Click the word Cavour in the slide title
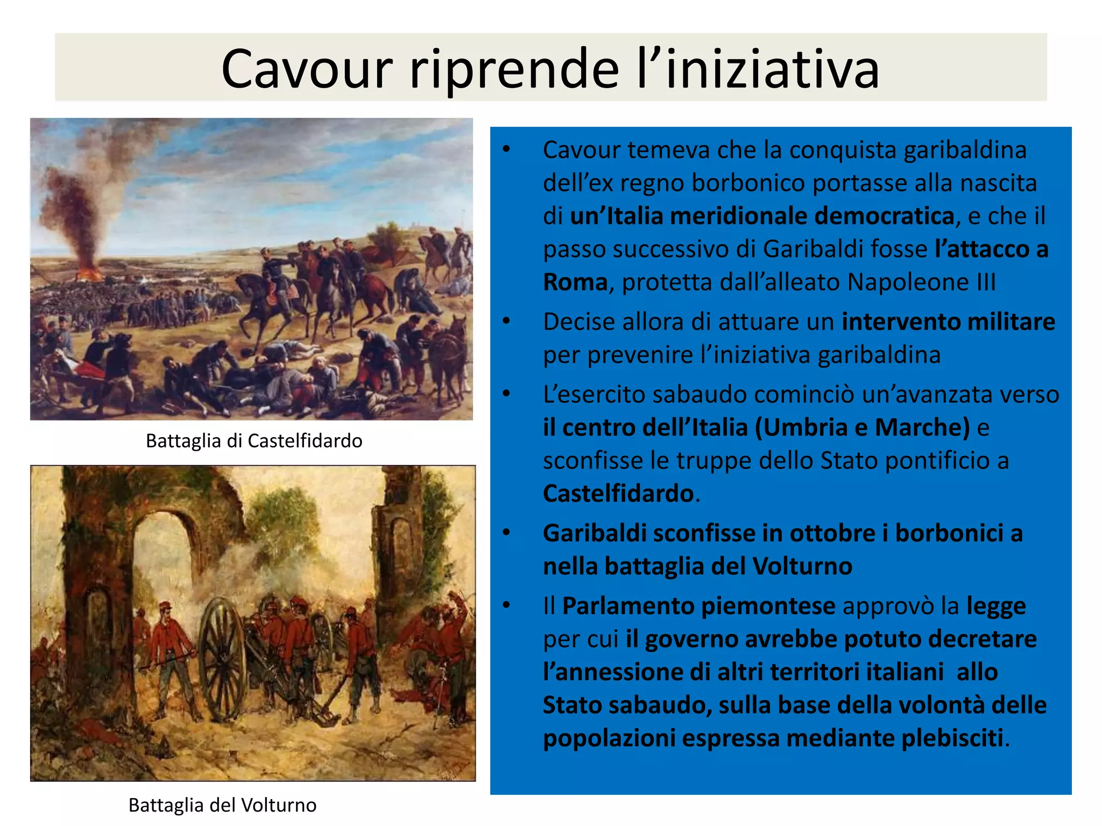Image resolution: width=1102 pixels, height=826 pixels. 307,69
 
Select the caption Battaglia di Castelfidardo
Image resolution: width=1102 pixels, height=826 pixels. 254,441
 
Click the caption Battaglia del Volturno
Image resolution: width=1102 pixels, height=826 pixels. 222,805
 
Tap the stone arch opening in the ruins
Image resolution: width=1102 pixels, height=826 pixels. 161,570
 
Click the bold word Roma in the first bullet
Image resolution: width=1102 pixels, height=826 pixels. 575,282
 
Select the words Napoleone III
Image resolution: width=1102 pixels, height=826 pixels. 922,282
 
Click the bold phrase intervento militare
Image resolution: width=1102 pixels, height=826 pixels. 948,322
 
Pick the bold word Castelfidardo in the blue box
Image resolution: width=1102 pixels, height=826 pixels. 618,494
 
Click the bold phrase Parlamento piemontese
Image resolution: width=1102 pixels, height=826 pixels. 698,606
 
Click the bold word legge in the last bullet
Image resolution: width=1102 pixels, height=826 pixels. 996,606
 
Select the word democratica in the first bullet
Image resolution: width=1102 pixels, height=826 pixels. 884,216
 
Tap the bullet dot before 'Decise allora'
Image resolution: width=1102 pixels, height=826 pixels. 506,322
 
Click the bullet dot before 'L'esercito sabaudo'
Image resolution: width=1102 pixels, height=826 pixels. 506,394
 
